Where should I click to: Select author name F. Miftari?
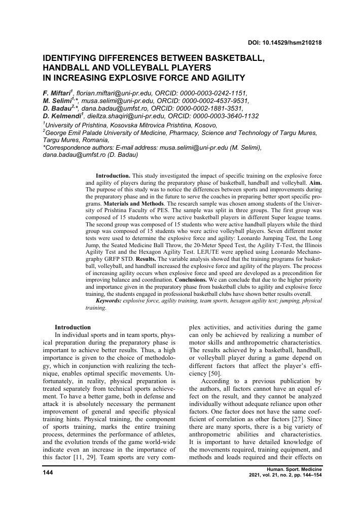[57, 93]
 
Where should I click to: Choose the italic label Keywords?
[107, 300]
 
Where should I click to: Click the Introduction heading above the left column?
[73, 327]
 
